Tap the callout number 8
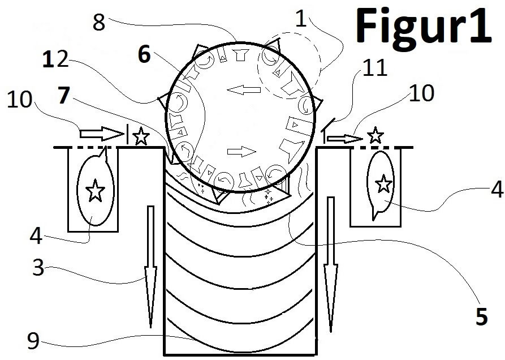pos(99,23)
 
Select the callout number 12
pos(55,59)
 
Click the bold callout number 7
pos(63,96)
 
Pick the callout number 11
pos(375,68)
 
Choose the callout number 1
pos(301,19)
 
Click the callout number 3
pos(38,267)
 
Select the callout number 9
pos(33,341)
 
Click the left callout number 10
pos(20,99)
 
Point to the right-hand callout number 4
pos(497,189)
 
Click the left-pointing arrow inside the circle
pos(244,90)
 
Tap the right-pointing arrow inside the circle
pos(241,151)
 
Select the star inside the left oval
pos(96,190)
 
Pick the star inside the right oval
pos(383,184)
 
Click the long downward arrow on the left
pos(150,267)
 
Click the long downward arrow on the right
pos(331,264)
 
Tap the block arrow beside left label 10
pos(101,134)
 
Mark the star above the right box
pos(375,135)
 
